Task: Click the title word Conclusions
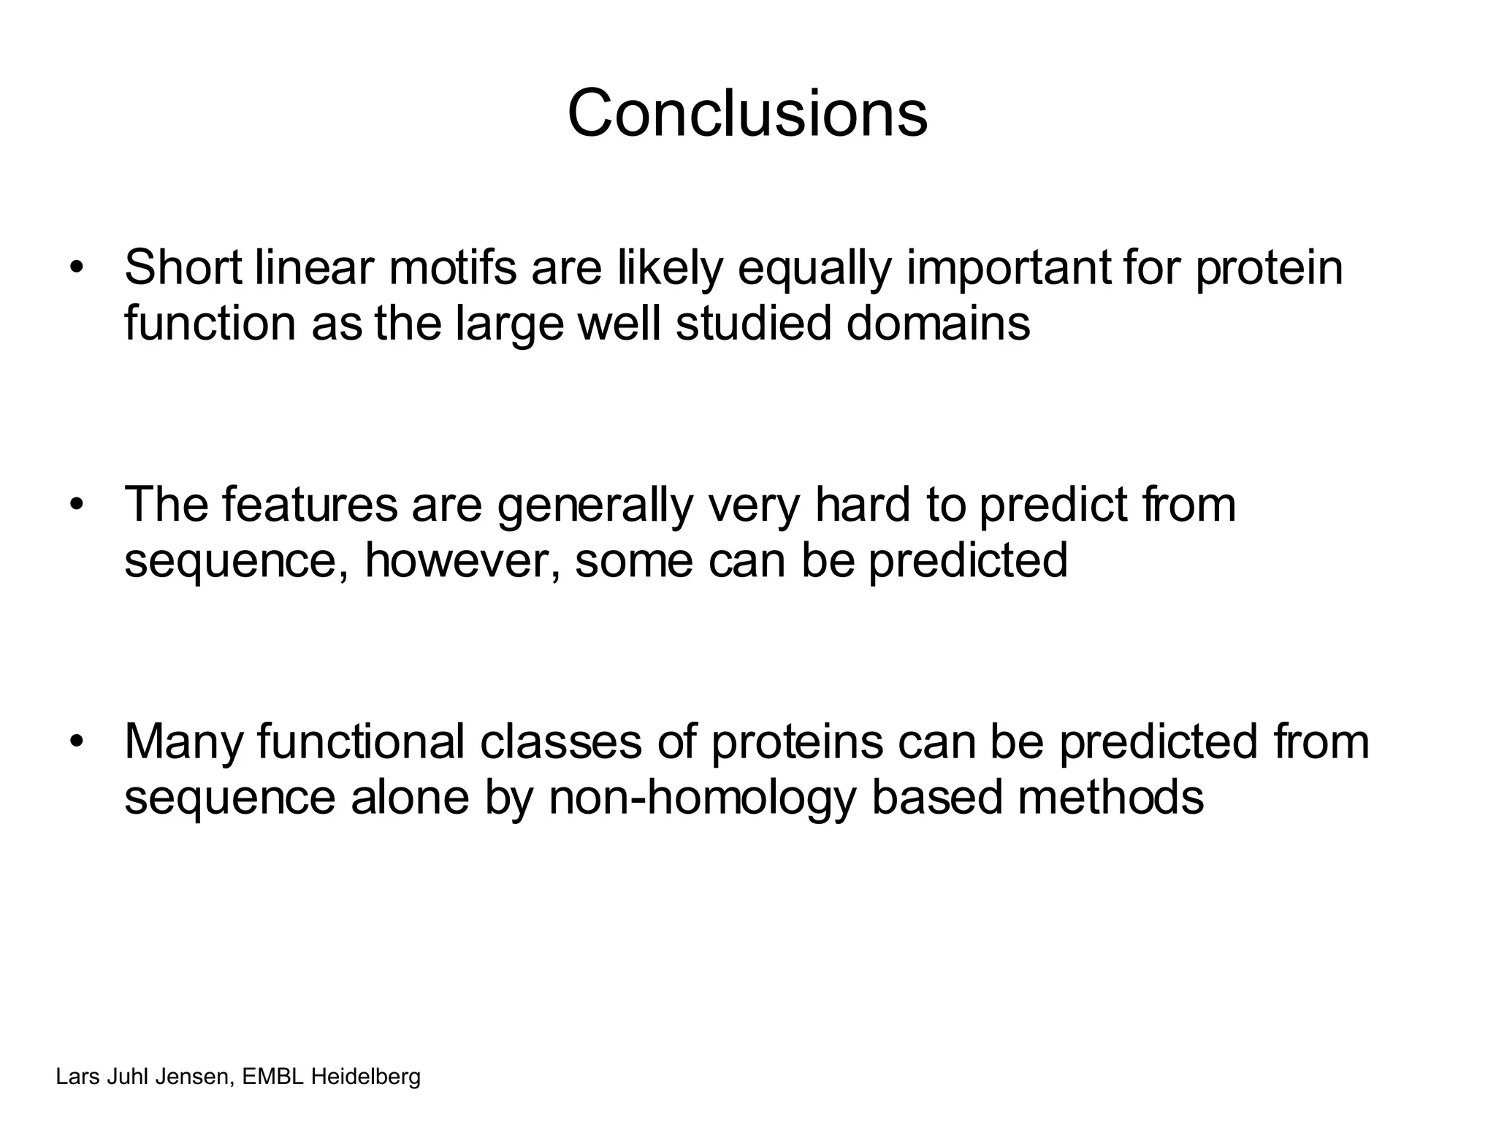747,113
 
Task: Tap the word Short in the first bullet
183,267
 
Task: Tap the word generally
595,505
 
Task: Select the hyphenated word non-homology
702,798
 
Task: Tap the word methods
1110,796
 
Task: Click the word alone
410,796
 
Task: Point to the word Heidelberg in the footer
366,1077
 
